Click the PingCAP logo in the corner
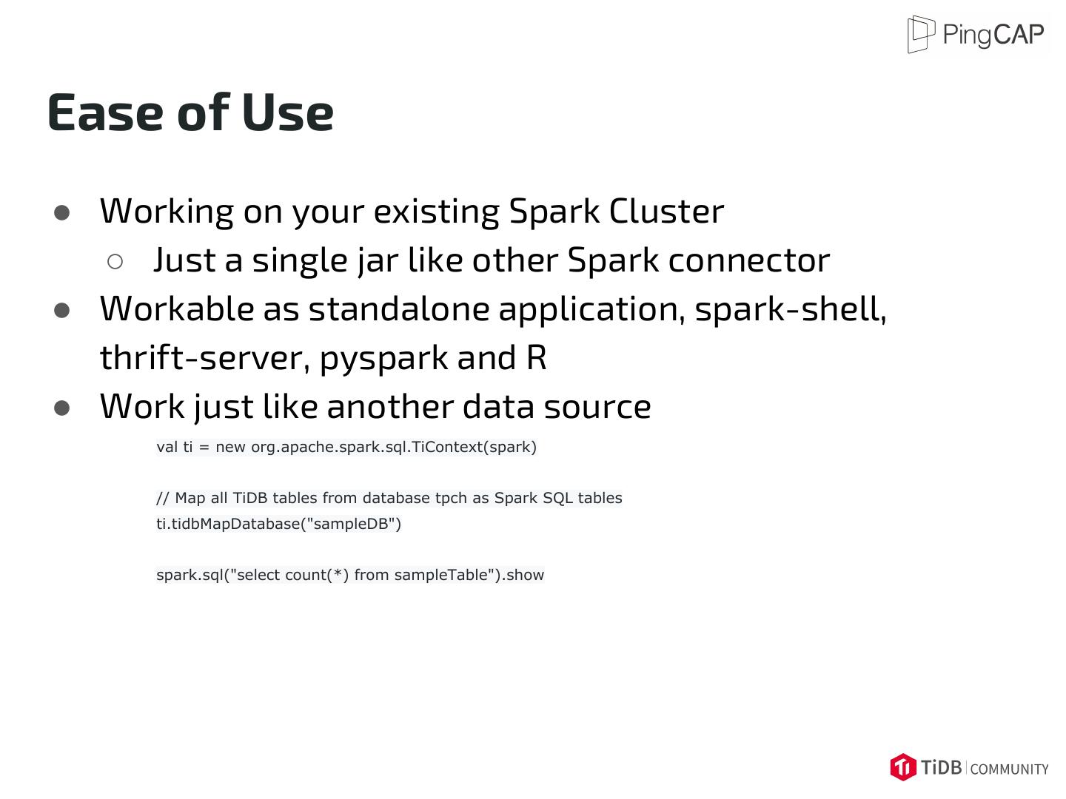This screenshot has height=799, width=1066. point(976,35)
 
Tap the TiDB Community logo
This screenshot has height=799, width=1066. point(969,767)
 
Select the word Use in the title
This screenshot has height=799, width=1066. point(287,113)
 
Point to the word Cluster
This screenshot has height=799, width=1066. point(666,212)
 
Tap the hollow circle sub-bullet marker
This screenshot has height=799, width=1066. point(115,261)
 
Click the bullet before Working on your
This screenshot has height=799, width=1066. point(62,213)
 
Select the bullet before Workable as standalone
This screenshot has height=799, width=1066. point(62,311)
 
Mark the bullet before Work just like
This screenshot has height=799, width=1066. point(62,408)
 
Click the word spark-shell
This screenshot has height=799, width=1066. point(790,309)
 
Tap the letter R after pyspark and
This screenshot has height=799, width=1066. point(537,358)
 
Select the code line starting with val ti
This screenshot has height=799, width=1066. point(346,447)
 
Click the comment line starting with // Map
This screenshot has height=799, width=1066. point(389,498)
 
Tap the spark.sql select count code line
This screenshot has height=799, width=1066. point(350,575)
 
